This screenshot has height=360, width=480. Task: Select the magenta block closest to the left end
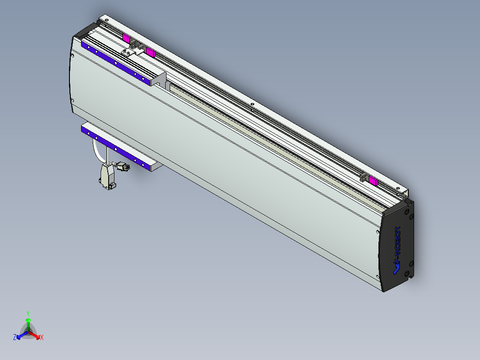point(126,39)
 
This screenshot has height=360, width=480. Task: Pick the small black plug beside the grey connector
point(122,168)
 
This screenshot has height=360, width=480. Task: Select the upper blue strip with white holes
point(115,63)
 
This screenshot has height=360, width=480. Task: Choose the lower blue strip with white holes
point(115,147)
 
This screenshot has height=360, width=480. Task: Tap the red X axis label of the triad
point(42,337)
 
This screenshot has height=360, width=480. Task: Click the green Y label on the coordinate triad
point(28,313)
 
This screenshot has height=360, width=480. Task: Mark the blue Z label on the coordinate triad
point(15,337)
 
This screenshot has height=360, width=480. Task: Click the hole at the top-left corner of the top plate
point(106,20)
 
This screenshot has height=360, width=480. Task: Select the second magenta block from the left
point(150,53)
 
